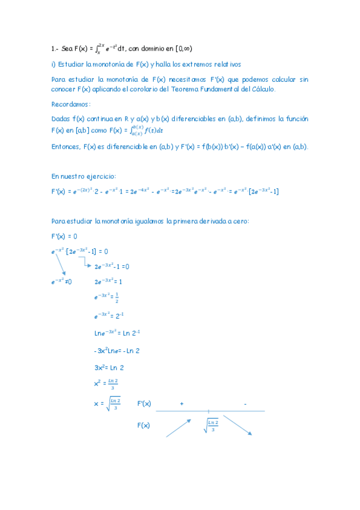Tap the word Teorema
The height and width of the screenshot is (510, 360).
pyautogui.click(x=199, y=89)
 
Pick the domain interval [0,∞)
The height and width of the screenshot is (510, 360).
pyautogui.click(x=180, y=49)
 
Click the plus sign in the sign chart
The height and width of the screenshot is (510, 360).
pyautogui.click(x=181, y=404)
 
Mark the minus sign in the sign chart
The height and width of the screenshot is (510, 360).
pyautogui.click(x=245, y=404)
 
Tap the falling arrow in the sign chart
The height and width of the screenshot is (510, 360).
pyautogui.click(x=237, y=424)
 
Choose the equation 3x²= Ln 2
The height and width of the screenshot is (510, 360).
pyautogui.click(x=109, y=367)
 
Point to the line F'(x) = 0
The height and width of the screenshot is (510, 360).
pyautogui.click(x=64, y=236)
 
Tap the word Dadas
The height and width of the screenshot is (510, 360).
pyautogui.click(x=61, y=119)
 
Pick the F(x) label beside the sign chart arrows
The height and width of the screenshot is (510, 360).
pyautogui.click(x=143, y=426)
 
